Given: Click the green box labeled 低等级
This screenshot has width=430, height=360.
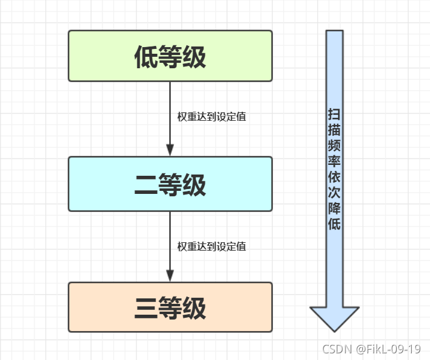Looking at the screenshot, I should pyautogui.click(x=170, y=56).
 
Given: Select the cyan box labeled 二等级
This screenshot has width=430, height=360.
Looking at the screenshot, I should pyautogui.click(x=170, y=184).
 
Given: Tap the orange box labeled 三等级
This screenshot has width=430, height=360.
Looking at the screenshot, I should pyautogui.click(x=170, y=307).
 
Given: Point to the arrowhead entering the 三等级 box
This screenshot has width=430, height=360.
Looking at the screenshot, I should pyautogui.click(x=170, y=275).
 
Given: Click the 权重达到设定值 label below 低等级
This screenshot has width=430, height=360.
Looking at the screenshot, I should pyautogui.click(x=211, y=117).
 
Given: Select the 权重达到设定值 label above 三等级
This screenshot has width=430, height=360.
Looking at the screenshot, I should pyautogui.click(x=211, y=246).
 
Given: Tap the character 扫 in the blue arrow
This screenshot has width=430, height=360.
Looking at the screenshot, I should pyautogui.click(x=335, y=114).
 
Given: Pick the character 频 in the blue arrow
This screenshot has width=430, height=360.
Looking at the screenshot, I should pyautogui.click(x=335, y=146).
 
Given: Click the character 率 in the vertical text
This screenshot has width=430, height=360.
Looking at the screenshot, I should pyautogui.click(x=335, y=161).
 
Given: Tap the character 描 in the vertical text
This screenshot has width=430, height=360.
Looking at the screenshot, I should pyautogui.click(x=335, y=130).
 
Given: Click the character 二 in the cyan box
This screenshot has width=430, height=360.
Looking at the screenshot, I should pyautogui.click(x=146, y=185).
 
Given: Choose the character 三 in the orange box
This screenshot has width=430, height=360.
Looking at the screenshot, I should pyautogui.click(x=146, y=308).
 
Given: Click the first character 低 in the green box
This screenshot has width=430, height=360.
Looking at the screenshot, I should pyautogui.click(x=146, y=57).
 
